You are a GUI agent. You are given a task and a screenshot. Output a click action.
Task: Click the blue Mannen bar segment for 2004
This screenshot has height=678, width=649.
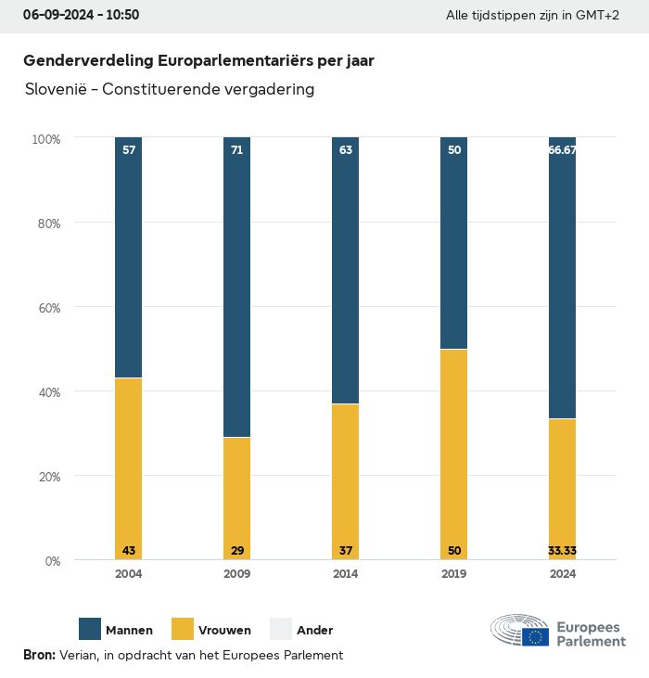coord(129,258)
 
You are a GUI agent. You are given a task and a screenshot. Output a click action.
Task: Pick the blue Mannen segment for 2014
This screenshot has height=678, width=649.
coord(346,271)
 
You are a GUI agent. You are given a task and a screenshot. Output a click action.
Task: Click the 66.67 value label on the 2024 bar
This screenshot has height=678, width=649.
coord(562,149)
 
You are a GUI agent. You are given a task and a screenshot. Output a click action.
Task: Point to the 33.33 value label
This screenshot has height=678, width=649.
coord(562,551)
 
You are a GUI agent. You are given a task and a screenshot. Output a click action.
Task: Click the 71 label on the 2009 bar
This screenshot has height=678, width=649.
coord(237,149)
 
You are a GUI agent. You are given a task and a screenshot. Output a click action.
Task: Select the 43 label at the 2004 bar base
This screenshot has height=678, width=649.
coord(129,551)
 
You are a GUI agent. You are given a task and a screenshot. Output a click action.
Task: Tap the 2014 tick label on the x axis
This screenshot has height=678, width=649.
coord(346,574)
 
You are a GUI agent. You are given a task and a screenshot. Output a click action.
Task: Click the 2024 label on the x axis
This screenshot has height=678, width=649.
coord(562,574)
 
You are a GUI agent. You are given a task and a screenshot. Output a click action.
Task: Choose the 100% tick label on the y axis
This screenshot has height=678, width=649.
coord(45,139)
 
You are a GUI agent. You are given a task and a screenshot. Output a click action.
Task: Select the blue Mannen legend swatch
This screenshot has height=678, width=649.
coord(90,629)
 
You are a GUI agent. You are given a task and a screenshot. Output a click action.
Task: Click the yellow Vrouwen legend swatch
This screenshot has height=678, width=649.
coord(183,629)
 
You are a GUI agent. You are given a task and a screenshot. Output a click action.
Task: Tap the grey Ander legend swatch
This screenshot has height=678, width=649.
coord(281,629)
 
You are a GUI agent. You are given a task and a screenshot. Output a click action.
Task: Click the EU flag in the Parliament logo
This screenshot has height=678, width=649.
coord(535,636)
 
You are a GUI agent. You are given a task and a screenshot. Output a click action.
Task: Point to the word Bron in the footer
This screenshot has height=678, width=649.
coord(39,655)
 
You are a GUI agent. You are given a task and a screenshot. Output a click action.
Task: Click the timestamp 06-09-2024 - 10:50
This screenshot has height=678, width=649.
coord(81,16)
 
